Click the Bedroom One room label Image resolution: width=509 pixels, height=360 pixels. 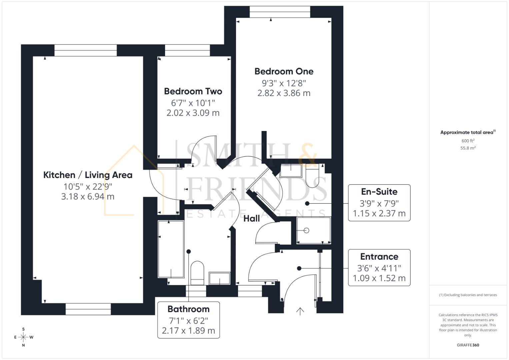[284, 71]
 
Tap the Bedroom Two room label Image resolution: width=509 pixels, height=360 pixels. [193, 91]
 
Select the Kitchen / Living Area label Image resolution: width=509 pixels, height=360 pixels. [88, 175]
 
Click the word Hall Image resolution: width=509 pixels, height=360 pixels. [251, 219]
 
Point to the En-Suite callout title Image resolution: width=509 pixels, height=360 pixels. [379, 192]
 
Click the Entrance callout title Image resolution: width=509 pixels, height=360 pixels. [379, 257]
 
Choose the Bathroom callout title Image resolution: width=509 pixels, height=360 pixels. [188, 309]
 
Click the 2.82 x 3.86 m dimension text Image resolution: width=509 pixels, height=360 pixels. [284, 93]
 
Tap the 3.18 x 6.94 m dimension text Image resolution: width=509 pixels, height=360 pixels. [88, 197]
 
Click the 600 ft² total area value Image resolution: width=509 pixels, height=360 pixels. [468, 141]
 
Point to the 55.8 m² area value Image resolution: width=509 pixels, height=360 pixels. [468, 148]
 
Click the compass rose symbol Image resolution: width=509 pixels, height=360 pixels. [23, 337]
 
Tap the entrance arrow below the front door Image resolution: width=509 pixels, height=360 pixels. [300, 311]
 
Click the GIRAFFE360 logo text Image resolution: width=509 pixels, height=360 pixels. [468, 345]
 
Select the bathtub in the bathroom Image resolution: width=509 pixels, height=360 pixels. [171, 249]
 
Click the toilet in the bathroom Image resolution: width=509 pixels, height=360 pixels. [197, 272]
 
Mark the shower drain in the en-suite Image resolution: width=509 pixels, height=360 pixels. [307, 230]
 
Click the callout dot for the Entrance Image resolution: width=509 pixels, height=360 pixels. [299, 268]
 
